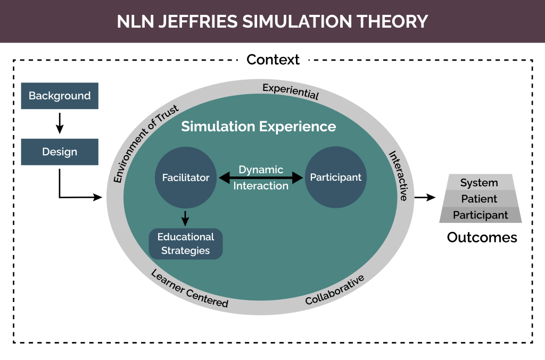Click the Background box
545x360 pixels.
60,96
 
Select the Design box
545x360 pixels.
60,152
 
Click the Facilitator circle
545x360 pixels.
186,178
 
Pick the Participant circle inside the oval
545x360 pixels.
335,178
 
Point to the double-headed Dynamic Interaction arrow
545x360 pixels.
261,178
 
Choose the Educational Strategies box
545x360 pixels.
186,244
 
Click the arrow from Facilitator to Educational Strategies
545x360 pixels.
186,217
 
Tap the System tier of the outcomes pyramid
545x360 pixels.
479,182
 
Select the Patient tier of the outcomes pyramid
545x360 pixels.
479,199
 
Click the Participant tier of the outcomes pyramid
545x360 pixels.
480,215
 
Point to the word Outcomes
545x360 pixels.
482,237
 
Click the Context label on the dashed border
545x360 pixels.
273,60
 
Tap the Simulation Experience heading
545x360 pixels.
259,127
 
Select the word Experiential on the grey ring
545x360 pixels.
291,91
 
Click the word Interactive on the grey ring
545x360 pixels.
398,176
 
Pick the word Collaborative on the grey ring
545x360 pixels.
335,290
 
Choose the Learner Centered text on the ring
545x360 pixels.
189,289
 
